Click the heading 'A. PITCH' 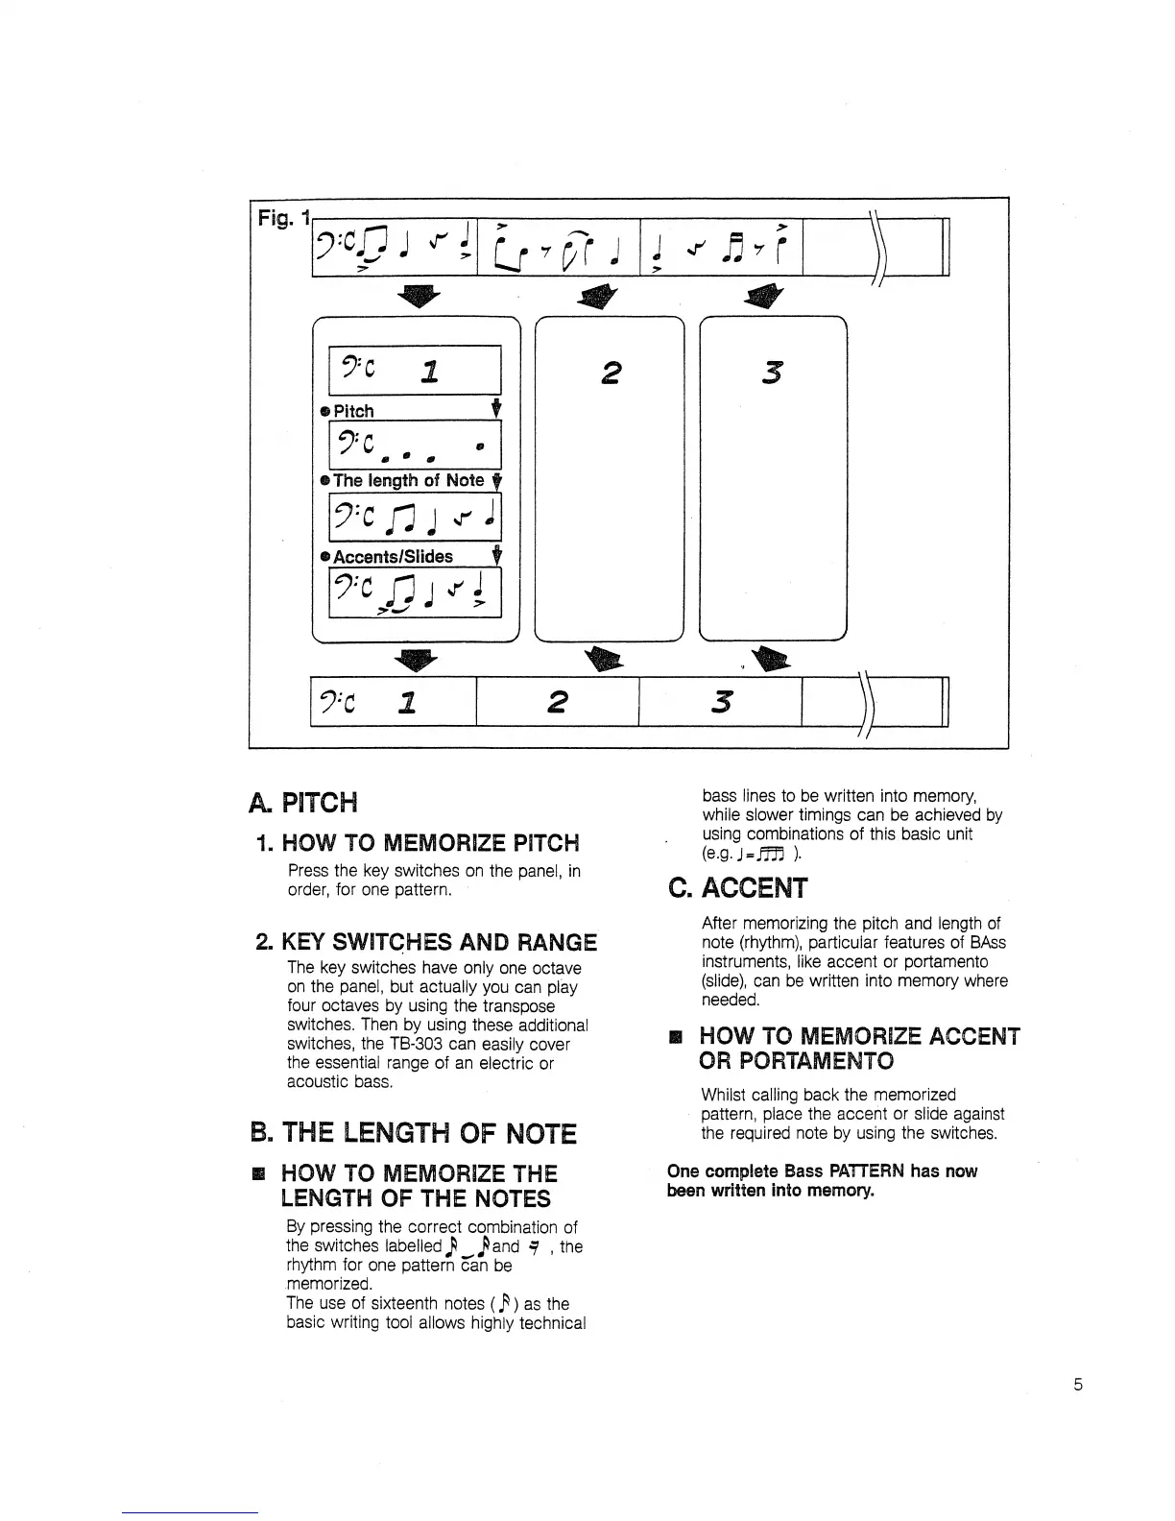[x=301, y=801]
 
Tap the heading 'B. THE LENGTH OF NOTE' [x=413, y=1134]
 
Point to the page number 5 [x=1078, y=1385]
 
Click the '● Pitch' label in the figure [x=348, y=411]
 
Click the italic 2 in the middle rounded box [x=609, y=372]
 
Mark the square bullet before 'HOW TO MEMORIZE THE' [x=256, y=1173]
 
